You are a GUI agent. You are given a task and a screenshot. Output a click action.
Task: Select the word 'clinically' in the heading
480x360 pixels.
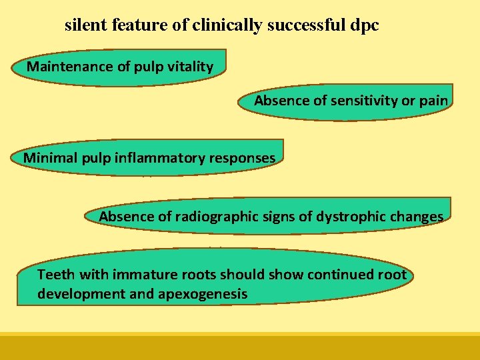point(223,26)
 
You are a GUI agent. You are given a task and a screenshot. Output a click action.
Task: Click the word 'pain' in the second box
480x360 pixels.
point(433,101)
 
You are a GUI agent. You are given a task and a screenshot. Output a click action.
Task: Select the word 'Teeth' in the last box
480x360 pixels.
point(54,275)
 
